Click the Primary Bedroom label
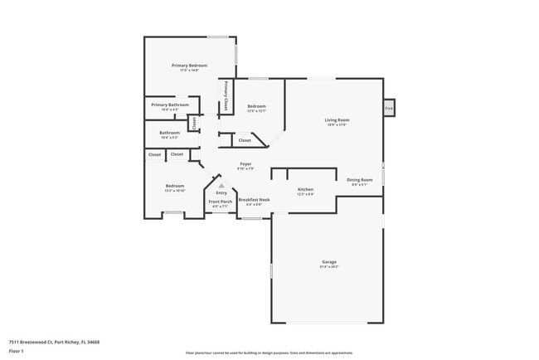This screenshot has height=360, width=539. coord(189,66)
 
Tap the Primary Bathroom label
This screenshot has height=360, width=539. coord(170,105)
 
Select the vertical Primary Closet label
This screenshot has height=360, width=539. coord(226,95)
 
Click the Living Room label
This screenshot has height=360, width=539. coord(336,120)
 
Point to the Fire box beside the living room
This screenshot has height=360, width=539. coord(388,107)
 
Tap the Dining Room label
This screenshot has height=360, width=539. coord(359,180)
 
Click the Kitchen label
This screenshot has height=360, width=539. coord(305,190)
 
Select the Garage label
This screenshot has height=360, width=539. coord(329,262)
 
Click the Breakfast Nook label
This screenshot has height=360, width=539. coord(255,200)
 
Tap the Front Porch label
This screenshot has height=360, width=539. coord(220,202)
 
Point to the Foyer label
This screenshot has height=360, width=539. coord(245,164)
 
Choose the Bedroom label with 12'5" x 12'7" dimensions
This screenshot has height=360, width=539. coord(256,106)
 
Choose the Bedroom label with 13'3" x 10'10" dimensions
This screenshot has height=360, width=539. coord(174,186)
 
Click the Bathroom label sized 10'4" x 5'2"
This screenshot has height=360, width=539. coord(170,133)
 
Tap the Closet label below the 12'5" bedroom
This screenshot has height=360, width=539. coord(245,140)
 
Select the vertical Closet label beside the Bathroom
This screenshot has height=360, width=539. coord(192,124)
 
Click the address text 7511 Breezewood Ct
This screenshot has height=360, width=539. coord(51,340)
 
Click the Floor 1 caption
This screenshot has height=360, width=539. coord(17,352)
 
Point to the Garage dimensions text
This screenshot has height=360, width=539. coord(329,267)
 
